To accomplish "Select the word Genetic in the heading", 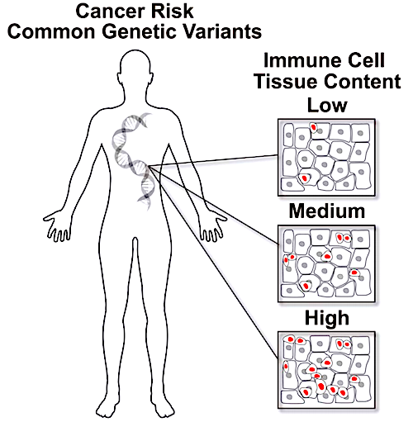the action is coord(139,31).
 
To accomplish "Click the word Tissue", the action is coord(287,81).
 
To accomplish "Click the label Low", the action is coord(327,105).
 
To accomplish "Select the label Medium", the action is coord(327,211).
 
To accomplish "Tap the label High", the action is coord(327,318).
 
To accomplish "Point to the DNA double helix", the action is coord(135,160).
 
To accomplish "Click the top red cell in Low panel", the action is coord(314,127).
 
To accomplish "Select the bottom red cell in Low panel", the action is coord(304,178).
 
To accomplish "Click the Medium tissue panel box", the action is coord(326,263).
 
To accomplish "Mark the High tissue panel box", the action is coord(326,370).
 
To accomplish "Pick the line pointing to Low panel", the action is coord(213,161).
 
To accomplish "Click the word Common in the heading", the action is coord(51,31).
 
